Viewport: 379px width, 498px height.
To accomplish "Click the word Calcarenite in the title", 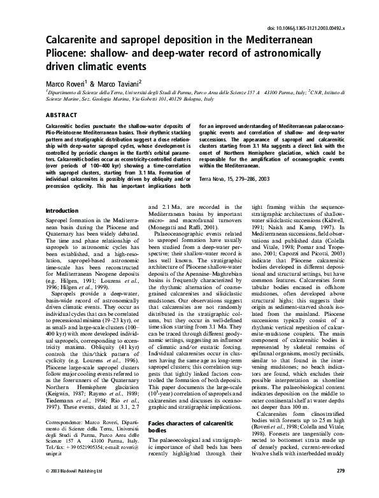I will point(76,42).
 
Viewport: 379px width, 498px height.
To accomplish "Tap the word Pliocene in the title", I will point(69,54).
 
